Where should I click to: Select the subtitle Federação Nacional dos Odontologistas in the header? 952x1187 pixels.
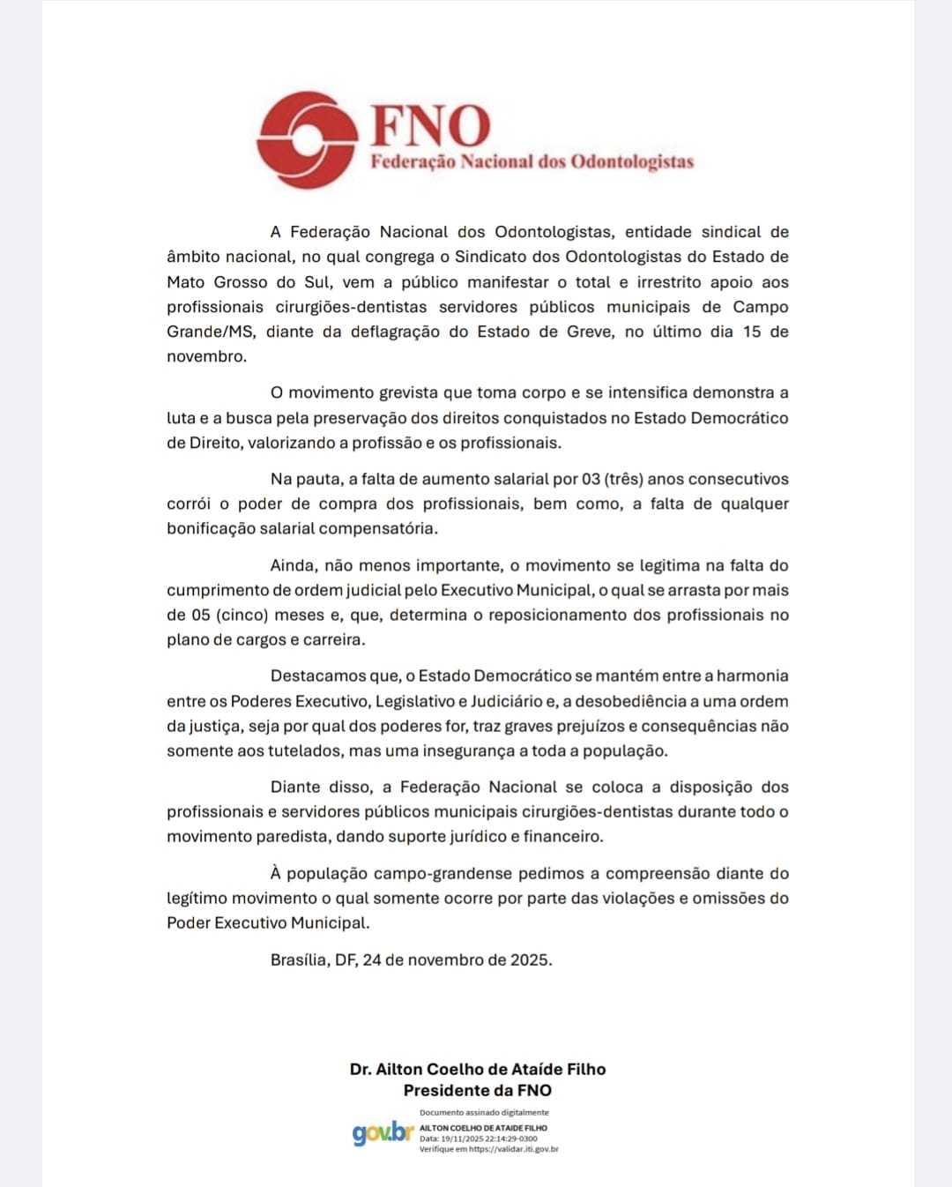[x=532, y=161]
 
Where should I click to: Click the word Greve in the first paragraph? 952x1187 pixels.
[x=589, y=332]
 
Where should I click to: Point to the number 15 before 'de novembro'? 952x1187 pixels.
[x=752, y=332]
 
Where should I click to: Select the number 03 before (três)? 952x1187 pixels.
[x=591, y=479]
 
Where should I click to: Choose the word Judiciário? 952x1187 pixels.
[x=507, y=701]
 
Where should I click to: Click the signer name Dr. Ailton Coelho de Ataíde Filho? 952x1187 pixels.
[x=478, y=1069]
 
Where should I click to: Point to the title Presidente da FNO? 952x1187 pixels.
[x=478, y=1090]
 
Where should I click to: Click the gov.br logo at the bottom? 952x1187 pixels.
[x=383, y=1133]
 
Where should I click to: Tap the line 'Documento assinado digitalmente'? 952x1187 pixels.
[x=484, y=1112]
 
